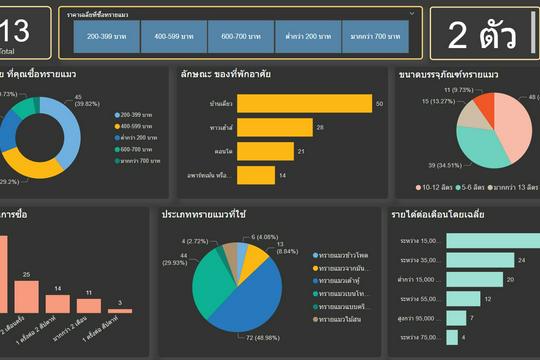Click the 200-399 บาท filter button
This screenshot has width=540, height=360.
point(106,36)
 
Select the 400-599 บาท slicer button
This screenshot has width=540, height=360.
point(173,36)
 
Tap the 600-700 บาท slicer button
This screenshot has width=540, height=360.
point(241,36)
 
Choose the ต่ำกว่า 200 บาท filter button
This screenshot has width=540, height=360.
point(307,36)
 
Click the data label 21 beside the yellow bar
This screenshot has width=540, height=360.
point(301,151)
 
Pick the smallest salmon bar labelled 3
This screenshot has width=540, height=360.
point(121,309)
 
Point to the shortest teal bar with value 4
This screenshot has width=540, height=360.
point(451,337)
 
